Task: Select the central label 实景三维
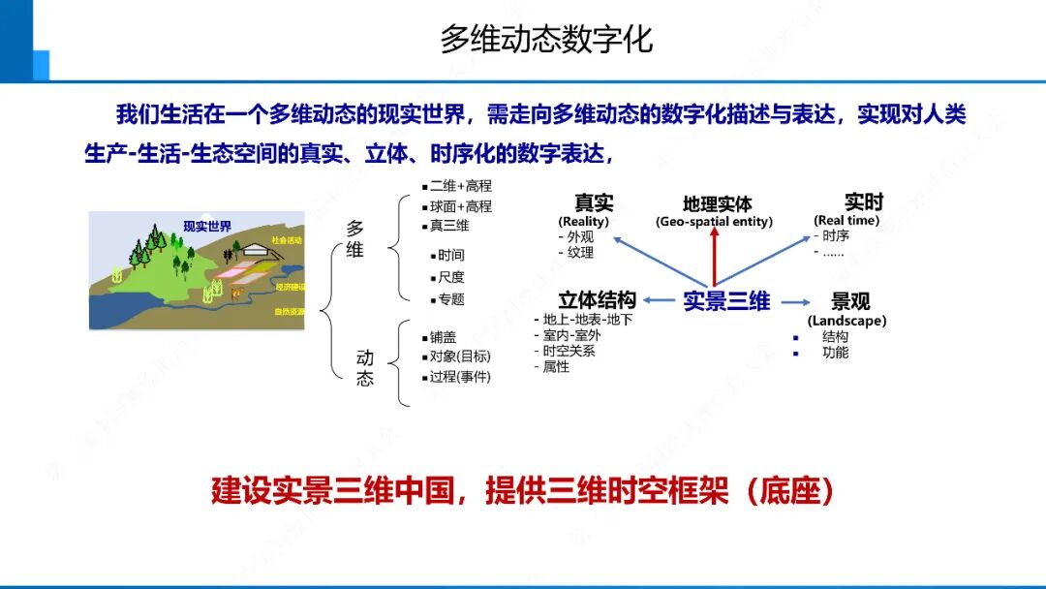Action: click(x=726, y=301)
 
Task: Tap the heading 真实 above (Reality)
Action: click(x=594, y=202)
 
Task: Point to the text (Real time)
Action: click(x=846, y=221)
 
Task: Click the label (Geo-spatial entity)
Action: click(x=715, y=222)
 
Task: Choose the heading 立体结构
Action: click(x=597, y=300)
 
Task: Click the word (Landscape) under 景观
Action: click(x=846, y=321)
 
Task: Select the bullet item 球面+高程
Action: click(x=461, y=206)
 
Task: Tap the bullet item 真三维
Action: click(x=449, y=226)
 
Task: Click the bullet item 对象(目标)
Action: click(x=460, y=356)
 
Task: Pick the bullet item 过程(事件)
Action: click(x=460, y=376)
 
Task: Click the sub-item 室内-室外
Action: click(x=571, y=335)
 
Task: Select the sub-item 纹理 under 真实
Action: click(x=580, y=253)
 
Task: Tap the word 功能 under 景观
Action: click(x=835, y=353)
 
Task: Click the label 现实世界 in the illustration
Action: click(x=207, y=227)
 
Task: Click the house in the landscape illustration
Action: click(x=258, y=250)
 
